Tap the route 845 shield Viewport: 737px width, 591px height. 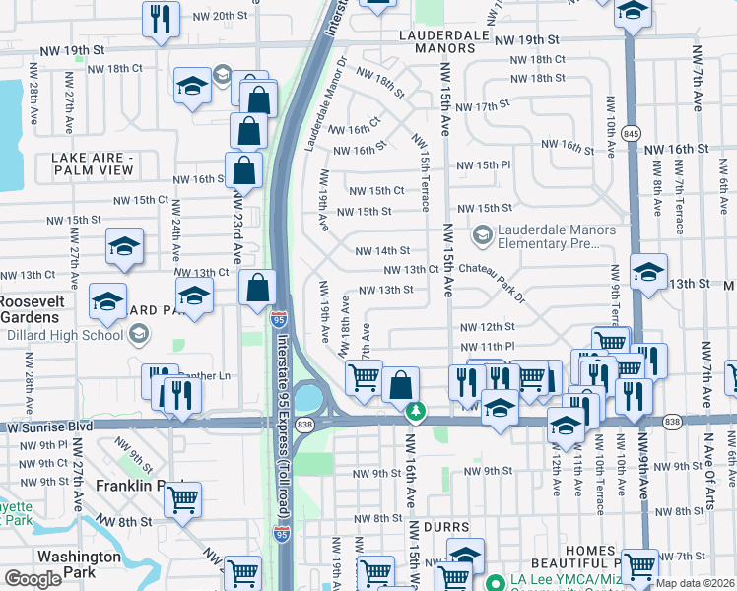pos(632,133)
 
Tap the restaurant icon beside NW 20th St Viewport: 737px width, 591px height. pos(159,18)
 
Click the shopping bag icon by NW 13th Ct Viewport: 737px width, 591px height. pos(257,288)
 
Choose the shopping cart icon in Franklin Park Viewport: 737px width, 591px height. pos(182,498)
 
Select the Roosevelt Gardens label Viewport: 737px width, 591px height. pos(33,308)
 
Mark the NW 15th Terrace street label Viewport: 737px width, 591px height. pos(423,172)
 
